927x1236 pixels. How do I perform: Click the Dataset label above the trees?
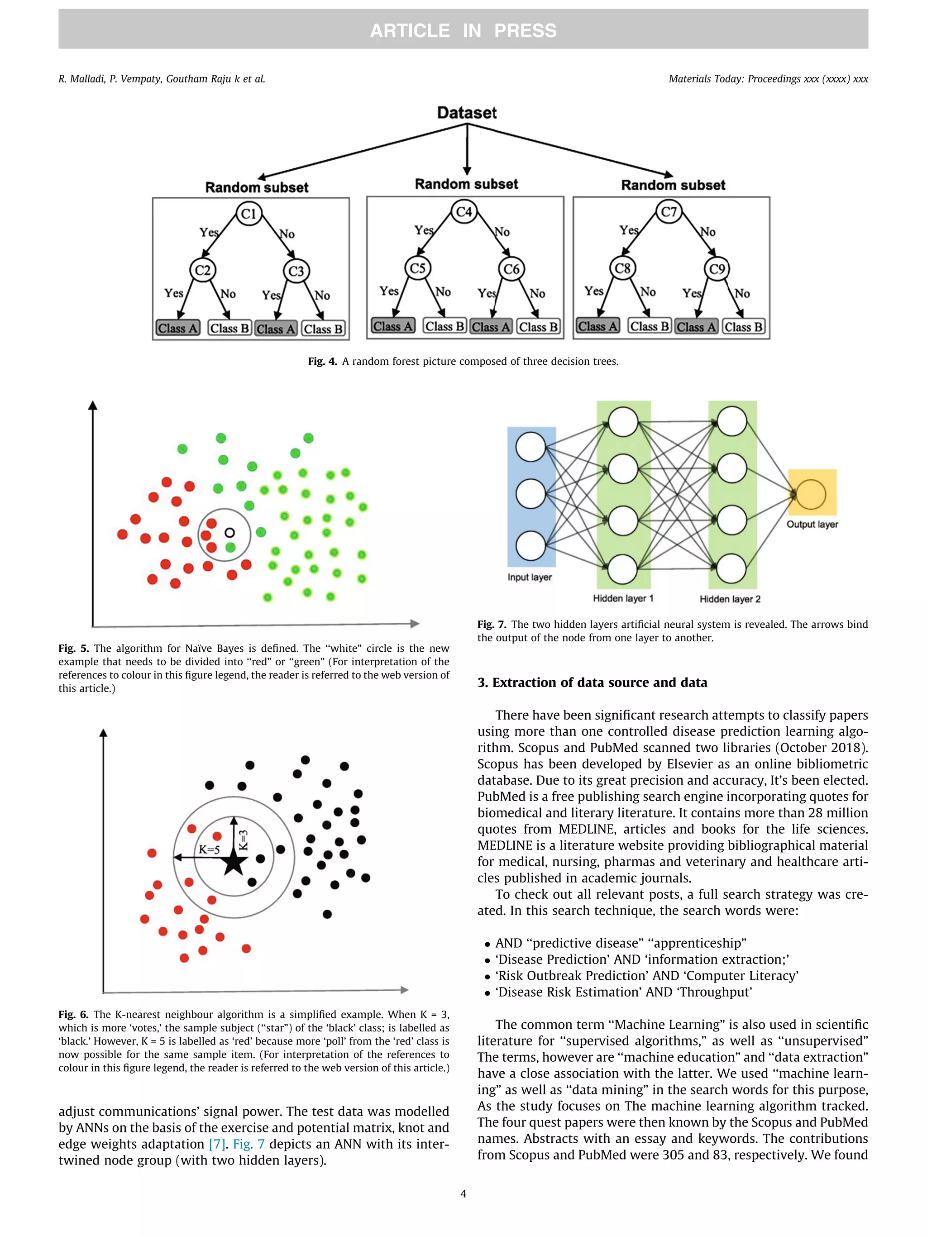(x=467, y=113)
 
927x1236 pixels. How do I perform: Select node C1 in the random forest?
(x=248, y=214)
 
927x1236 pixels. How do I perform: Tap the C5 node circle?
(x=418, y=268)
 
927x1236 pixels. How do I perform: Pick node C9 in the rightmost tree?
(x=717, y=269)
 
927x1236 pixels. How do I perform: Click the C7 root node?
(x=669, y=212)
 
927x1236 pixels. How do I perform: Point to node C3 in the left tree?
(x=296, y=271)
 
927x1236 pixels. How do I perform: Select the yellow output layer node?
(x=811, y=493)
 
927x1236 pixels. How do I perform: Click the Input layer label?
(x=529, y=577)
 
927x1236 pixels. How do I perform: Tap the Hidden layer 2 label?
(x=730, y=599)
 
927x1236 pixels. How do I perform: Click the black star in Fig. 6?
(x=234, y=864)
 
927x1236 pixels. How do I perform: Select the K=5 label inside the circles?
(x=210, y=850)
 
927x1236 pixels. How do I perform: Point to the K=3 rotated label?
(x=244, y=840)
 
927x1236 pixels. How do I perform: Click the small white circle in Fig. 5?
(x=229, y=533)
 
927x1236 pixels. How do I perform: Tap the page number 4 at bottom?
(x=463, y=1193)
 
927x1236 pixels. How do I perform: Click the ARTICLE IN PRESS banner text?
(x=463, y=30)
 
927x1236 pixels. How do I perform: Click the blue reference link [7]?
(x=217, y=1144)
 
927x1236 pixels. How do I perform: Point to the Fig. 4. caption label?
(x=322, y=362)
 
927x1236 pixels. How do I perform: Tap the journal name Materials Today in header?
(x=706, y=79)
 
